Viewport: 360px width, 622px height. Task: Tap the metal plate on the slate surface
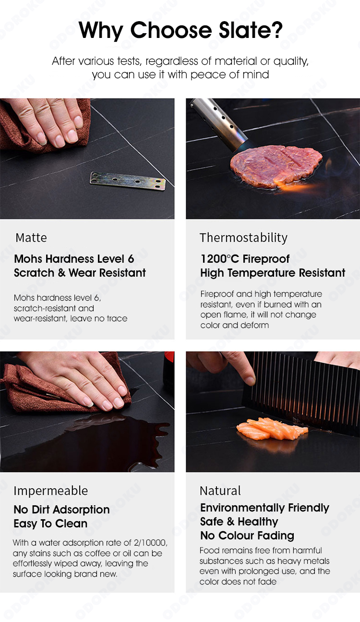(128, 181)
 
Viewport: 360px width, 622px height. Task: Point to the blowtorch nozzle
(219, 124)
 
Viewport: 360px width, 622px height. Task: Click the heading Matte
(31, 238)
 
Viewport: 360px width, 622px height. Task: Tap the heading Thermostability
(244, 238)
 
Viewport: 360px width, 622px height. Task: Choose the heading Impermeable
(51, 491)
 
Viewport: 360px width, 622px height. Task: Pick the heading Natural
(220, 491)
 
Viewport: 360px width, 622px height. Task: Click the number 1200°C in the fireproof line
(219, 259)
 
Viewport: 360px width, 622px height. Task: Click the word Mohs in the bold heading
(28, 259)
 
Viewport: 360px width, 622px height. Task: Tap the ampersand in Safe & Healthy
(231, 522)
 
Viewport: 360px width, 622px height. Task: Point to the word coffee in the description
(97, 553)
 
